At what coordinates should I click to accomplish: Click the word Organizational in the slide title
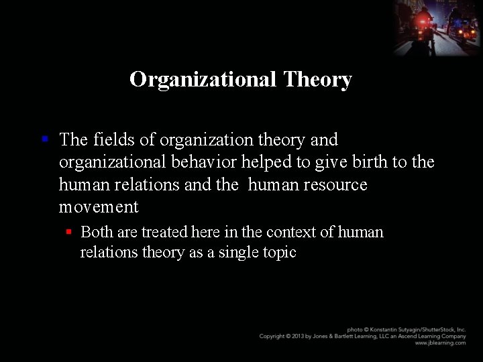pyautogui.click(x=203, y=79)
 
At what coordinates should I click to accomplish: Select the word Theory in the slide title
pyautogui.click(x=317, y=80)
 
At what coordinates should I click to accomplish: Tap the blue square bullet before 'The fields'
pyautogui.click(x=44, y=139)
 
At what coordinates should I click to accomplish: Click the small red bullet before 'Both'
pyautogui.click(x=68, y=232)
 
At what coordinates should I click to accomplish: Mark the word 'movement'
pyautogui.click(x=99, y=207)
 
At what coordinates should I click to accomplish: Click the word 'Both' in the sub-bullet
pyautogui.click(x=97, y=232)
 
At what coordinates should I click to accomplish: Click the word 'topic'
pyautogui.click(x=280, y=253)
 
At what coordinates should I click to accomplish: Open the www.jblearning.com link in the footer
pyautogui.click(x=440, y=343)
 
